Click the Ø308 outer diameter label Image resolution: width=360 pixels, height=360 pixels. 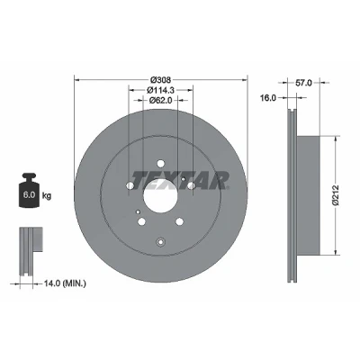click(161, 80)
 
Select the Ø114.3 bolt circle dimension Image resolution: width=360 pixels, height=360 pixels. click(161, 90)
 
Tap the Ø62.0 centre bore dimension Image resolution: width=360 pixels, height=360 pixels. click(161, 100)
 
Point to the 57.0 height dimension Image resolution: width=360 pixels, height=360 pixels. click(303, 83)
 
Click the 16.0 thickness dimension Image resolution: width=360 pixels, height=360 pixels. click(268, 98)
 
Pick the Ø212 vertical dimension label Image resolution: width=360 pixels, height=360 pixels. click(336, 195)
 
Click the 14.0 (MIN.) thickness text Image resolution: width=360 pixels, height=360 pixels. click(65, 283)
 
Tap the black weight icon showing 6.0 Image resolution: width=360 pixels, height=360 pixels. click(29, 190)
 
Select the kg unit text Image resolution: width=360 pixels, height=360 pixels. click(47, 196)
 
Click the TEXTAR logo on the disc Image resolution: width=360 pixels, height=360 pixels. click(180, 181)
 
